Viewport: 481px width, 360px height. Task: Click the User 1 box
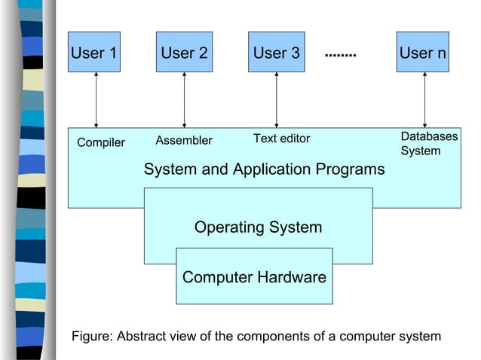click(x=94, y=53)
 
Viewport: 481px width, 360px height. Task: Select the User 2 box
click(x=184, y=53)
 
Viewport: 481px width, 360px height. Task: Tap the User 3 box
click(x=276, y=53)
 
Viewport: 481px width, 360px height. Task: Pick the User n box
click(x=422, y=53)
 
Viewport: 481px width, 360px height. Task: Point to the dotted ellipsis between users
click(x=340, y=54)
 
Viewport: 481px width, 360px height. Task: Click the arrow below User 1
click(x=96, y=99)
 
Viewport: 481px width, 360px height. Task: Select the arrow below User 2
click(x=184, y=99)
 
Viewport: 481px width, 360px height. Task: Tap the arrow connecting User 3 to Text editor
click(x=276, y=99)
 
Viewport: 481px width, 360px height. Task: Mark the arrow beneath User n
click(x=424, y=99)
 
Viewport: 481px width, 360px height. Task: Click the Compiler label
click(x=101, y=143)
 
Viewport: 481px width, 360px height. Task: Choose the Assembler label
click(x=184, y=140)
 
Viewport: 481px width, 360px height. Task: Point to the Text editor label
click(x=281, y=139)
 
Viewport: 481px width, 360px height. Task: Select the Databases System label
click(x=428, y=144)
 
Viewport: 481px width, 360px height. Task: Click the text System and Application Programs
click(x=264, y=169)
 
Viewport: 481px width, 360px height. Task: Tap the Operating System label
click(x=258, y=227)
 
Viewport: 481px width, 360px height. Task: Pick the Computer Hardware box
click(x=254, y=277)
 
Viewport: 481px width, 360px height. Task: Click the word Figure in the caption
click(x=90, y=336)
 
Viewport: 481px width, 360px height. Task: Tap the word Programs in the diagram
click(x=353, y=169)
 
